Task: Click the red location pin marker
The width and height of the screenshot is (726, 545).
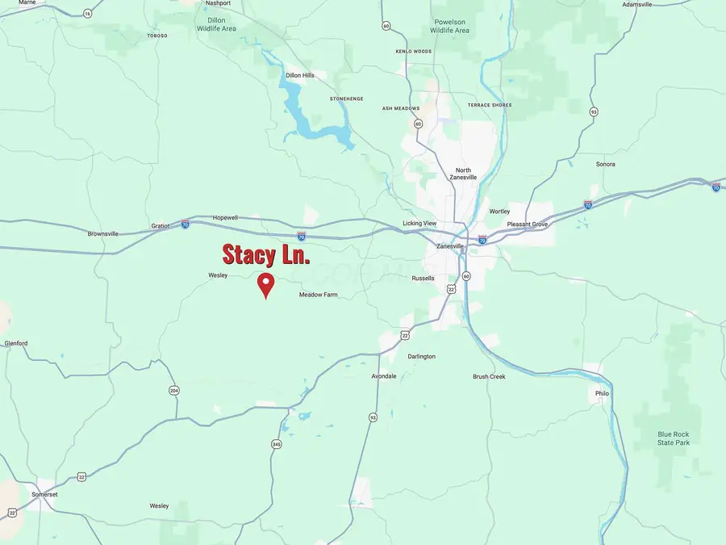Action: [265, 285]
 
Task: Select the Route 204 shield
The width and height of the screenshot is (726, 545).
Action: [174, 391]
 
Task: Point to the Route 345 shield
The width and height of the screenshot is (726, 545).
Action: [277, 444]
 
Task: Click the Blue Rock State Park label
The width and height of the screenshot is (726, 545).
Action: [674, 438]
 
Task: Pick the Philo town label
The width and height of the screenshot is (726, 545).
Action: [602, 393]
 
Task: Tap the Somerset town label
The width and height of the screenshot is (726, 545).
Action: [44, 493]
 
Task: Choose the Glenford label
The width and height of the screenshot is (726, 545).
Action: [16, 343]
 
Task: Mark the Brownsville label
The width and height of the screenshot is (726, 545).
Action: [102, 233]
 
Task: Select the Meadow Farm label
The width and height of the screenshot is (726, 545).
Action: [318, 295]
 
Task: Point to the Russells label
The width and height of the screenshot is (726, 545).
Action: [423, 279]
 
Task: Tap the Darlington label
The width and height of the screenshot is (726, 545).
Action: [421, 356]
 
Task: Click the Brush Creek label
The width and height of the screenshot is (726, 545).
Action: [489, 376]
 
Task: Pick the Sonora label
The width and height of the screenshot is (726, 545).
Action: [605, 164]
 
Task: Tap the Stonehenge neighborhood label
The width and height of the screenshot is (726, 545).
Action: [347, 99]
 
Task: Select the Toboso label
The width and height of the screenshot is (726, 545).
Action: [156, 36]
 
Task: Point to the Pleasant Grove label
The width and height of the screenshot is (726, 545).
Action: [528, 224]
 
